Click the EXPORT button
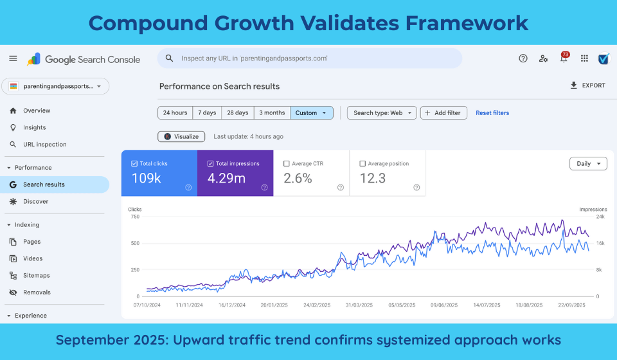(587, 85)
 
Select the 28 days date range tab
(237, 113)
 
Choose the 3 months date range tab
(272, 113)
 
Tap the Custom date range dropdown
(312, 113)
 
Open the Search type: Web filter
(382, 113)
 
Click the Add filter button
(443, 113)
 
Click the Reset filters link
(492, 113)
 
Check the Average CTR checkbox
(287, 164)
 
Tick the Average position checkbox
(362, 164)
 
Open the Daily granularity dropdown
(588, 163)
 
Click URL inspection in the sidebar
(44, 145)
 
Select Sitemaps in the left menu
(37, 275)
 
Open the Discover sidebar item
(35, 201)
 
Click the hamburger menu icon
(13, 59)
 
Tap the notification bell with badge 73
(564, 59)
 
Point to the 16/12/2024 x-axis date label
(233, 305)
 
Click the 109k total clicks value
(147, 178)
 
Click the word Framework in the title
(467, 23)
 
